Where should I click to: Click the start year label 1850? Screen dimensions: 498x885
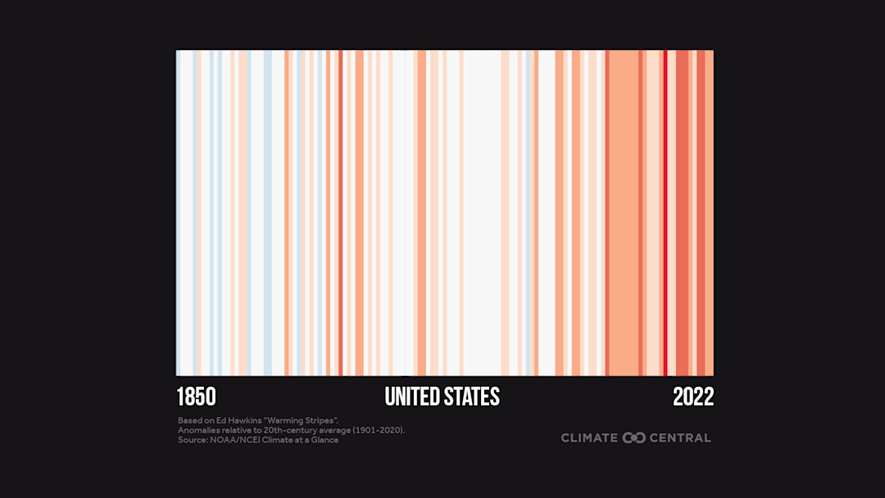(x=196, y=397)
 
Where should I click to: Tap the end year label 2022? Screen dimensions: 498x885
(x=693, y=397)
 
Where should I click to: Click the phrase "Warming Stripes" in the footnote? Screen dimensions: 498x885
(x=304, y=420)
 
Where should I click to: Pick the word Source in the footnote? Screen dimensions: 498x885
(x=191, y=440)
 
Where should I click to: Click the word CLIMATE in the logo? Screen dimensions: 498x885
(x=589, y=438)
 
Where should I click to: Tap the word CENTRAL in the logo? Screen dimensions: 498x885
(x=680, y=438)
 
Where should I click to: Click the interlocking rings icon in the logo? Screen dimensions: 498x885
(x=634, y=438)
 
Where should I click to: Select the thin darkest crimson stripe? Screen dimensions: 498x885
(x=665, y=213)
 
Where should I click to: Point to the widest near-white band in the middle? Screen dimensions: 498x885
(x=482, y=213)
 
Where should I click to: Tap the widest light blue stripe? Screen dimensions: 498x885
(x=268, y=213)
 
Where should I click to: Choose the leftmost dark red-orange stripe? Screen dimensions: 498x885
(x=341, y=213)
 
